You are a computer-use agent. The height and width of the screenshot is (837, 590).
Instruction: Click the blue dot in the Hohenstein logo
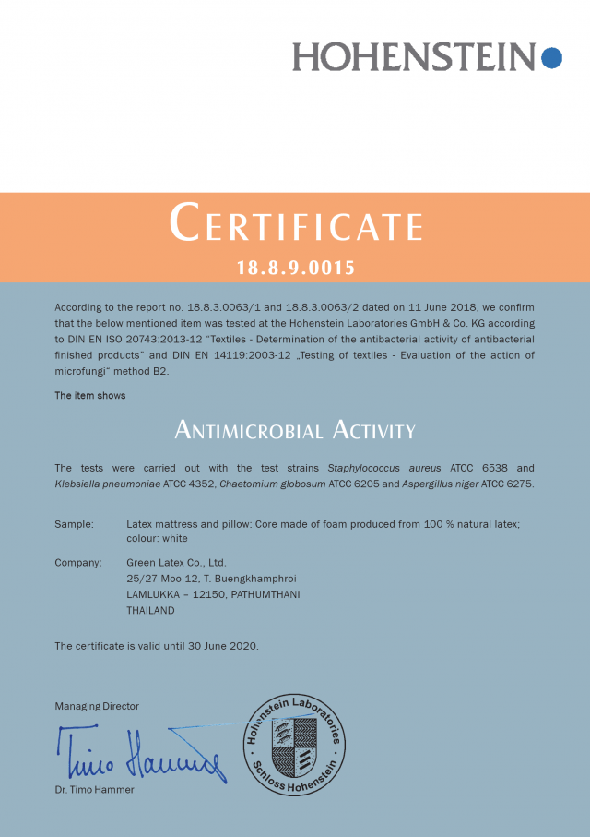coord(551,57)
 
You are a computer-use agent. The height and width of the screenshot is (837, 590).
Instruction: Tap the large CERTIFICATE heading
coord(296,224)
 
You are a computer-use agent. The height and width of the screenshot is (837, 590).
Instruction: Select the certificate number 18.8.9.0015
coord(296,269)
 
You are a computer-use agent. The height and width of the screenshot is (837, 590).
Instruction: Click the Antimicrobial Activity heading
coord(295,430)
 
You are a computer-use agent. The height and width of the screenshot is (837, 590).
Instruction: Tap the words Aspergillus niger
coord(440,484)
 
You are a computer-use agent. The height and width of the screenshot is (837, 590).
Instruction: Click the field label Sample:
coord(74,524)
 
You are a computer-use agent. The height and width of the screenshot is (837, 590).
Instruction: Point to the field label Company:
coord(77,562)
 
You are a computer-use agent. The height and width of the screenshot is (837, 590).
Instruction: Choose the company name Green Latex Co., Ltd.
coord(176,562)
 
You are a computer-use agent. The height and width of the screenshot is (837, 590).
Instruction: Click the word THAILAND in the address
coord(150,610)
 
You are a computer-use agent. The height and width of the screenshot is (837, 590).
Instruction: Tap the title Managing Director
coord(97,706)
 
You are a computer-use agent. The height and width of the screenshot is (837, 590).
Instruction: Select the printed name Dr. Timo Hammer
coord(94,790)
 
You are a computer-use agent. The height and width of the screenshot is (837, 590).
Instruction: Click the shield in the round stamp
coord(294,745)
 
